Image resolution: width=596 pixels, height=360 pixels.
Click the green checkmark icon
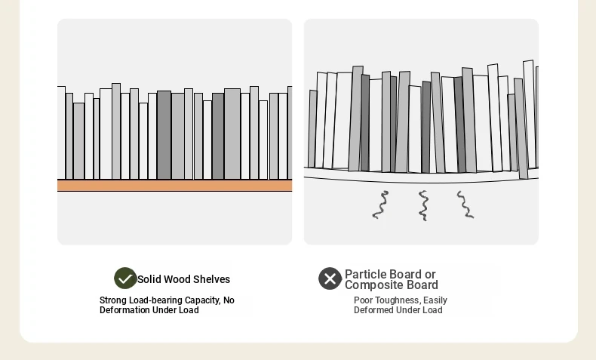(x=125, y=278)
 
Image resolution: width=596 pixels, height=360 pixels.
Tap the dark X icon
(x=330, y=278)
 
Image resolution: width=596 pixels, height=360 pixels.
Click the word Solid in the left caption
(x=149, y=279)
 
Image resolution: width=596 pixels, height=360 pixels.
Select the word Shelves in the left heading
(x=211, y=279)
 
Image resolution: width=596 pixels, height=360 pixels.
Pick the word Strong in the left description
(x=113, y=300)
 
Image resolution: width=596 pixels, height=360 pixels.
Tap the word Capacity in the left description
(x=202, y=300)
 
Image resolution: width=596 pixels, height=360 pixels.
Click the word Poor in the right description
(x=364, y=300)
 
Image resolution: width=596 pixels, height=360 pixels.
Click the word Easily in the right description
(x=435, y=300)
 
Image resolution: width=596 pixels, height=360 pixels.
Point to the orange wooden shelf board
(x=174, y=186)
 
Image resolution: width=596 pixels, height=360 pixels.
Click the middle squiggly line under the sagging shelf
(x=423, y=205)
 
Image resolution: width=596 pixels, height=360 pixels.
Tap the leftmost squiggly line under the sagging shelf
(x=380, y=205)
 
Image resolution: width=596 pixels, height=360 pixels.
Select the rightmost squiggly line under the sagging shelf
(x=465, y=205)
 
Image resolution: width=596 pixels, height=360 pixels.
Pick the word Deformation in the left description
(x=124, y=310)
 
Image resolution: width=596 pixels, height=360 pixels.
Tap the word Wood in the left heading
(x=177, y=279)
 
